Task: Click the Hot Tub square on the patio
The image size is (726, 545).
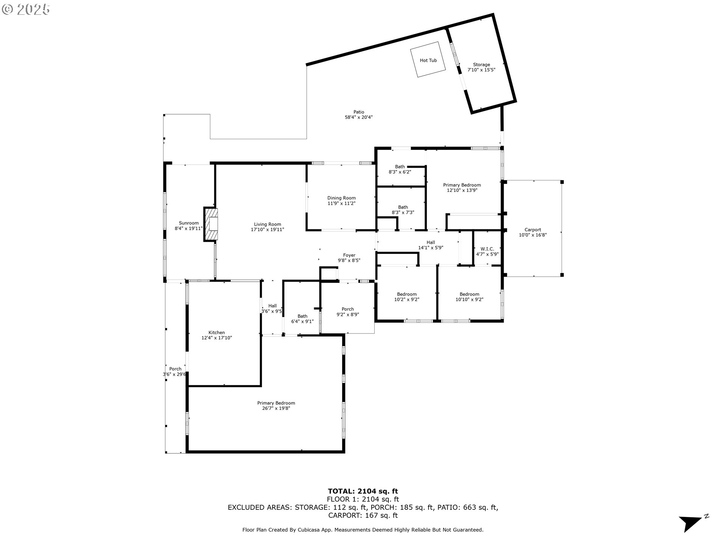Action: click(x=428, y=59)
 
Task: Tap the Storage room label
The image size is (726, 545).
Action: click(x=481, y=65)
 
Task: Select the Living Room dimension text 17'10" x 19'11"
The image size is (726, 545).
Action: click(x=267, y=230)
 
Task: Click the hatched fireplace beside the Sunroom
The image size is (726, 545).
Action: click(x=211, y=224)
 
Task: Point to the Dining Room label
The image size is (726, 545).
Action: click(x=341, y=198)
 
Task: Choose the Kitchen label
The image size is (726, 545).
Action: click(x=217, y=333)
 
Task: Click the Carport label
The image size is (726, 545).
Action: click(x=533, y=230)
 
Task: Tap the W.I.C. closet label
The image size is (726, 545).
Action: click(x=487, y=249)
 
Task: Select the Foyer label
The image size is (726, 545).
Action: click(x=349, y=255)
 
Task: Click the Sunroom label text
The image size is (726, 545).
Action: click(x=189, y=223)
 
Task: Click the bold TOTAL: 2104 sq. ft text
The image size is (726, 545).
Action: click(x=363, y=491)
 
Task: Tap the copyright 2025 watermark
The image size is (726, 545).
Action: click(x=26, y=9)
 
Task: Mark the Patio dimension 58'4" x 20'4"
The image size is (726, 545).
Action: click(x=358, y=117)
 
